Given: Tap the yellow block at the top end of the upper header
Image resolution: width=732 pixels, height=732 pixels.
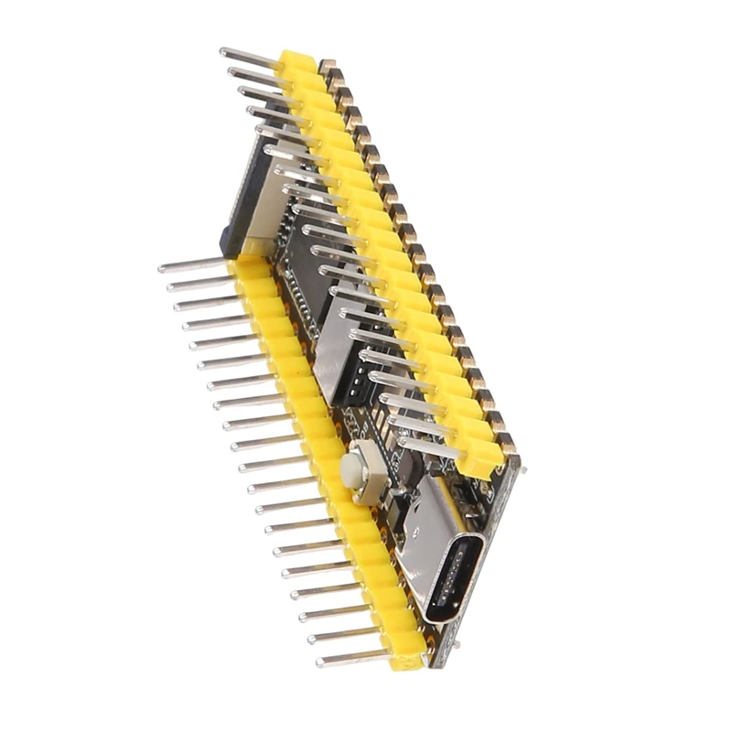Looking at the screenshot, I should tap(296, 63).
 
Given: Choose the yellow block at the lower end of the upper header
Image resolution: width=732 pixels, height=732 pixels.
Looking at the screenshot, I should tap(480, 457).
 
